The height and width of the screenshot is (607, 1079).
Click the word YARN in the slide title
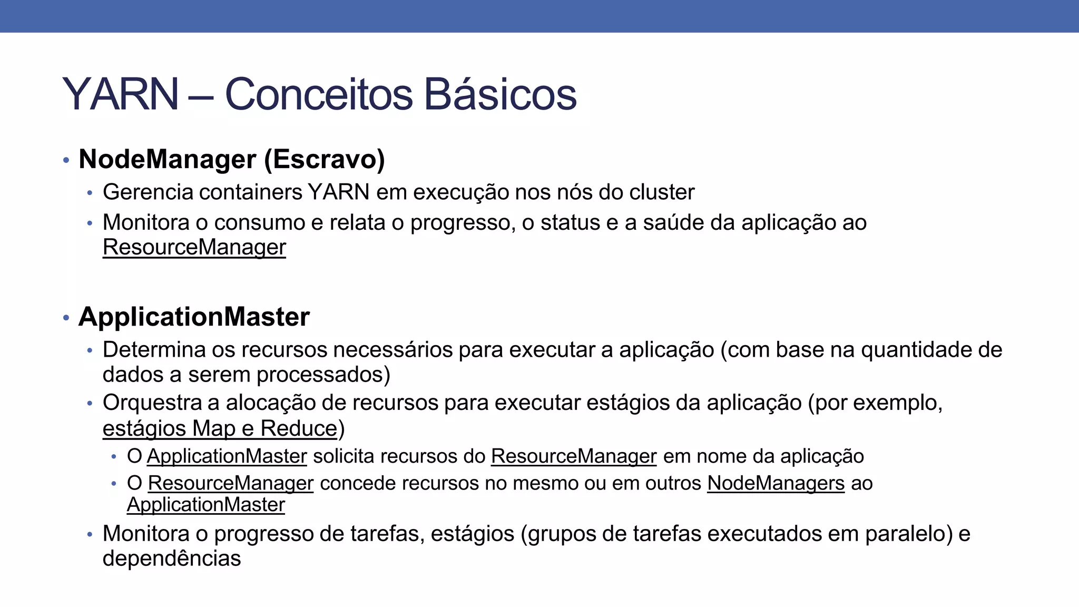click(x=121, y=95)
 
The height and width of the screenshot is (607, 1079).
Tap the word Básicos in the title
click(x=500, y=95)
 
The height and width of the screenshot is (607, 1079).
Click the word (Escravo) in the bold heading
click(x=325, y=159)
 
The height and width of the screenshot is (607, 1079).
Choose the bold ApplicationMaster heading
click(x=194, y=317)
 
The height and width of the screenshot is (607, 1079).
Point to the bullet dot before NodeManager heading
click(x=66, y=160)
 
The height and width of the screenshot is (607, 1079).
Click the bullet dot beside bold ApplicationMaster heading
click(x=66, y=318)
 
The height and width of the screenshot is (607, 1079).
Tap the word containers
click(x=251, y=192)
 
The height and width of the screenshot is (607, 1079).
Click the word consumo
click(x=259, y=223)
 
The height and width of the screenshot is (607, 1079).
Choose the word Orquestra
click(x=152, y=403)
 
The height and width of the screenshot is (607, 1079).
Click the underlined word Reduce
click(x=298, y=428)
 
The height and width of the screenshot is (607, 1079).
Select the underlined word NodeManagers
click(x=776, y=483)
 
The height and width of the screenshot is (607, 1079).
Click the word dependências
click(x=172, y=559)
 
